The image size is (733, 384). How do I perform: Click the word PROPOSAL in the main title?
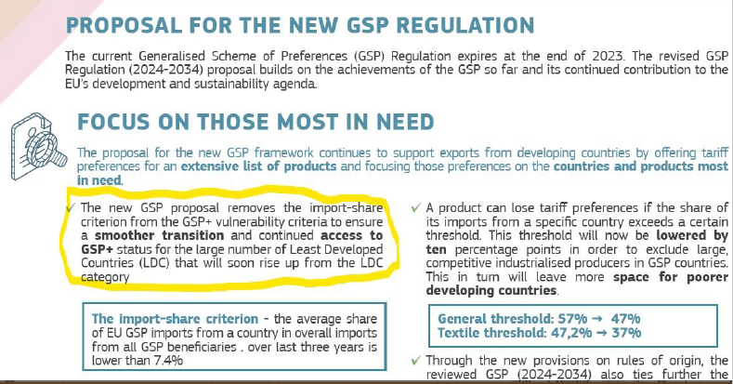[x=124, y=25]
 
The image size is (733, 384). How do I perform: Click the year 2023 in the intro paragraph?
[x=608, y=56]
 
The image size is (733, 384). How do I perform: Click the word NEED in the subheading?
[x=405, y=123]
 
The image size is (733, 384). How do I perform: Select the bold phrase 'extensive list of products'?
[x=258, y=166]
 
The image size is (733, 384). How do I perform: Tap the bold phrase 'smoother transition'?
[x=160, y=235]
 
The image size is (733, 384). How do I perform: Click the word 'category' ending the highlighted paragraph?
[x=105, y=277]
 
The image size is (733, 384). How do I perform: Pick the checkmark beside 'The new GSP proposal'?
[x=71, y=207]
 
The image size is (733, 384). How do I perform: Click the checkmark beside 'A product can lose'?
[x=415, y=207]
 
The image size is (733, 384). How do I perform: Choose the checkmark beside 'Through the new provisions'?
[x=415, y=361]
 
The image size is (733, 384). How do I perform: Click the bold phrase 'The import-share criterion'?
[x=175, y=319]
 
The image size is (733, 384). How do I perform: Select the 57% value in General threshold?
[x=572, y=319]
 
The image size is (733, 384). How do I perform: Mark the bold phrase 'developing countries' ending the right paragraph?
[x=491, y=290]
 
